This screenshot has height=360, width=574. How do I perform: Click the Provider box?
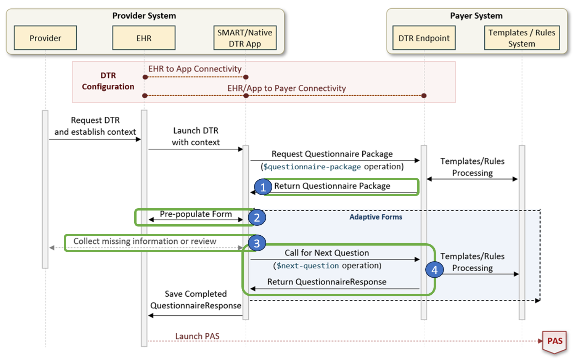pyautogui.click(x=45, y=38)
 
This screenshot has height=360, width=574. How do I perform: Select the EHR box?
pyautogui.click(x=144, y=38)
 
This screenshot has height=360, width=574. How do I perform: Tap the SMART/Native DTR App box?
pyautogui.click(x=245, y=38)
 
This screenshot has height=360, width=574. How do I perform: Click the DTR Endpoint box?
pyautogui.click(x=424, y=38)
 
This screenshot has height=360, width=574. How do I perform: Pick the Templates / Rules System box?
pyautogui.click(x=521, y=38)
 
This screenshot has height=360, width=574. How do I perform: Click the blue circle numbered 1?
pyautogui.click(x=263, y=187)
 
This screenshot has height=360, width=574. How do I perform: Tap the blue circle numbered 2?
pyautogui.click(x=257, y=217)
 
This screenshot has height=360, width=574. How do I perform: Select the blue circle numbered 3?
pyautogui.click(x=257, y=243)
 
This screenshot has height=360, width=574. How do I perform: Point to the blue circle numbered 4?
pyautogui.click(x=434, y=270)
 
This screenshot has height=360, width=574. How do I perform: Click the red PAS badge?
pyautogui.click(x=555, y=341)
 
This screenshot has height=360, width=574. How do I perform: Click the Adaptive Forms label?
pyautogui.click(x=376, y=217)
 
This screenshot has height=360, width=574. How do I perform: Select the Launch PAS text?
pyautogui.click(x=197, y=336)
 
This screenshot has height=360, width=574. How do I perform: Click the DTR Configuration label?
pyautogui.click(x=108, y=81)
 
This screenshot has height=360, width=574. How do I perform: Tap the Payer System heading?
pyautogui.click(x=476, y=16)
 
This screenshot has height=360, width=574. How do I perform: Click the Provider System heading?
pyautogui.click(x=144, y=16)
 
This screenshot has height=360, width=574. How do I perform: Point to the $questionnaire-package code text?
pyautogui.click(x=312, y=167)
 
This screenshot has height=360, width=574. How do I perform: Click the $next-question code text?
pyautogui.click(x=307, y=266)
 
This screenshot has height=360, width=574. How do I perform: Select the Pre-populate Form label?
pyautogui.click(x=196, y=214)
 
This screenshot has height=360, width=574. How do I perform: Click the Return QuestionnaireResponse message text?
pyautogui.click(x=326, y=282)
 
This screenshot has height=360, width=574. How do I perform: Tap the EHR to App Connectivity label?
pyautogui.click(x=195, y=69)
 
